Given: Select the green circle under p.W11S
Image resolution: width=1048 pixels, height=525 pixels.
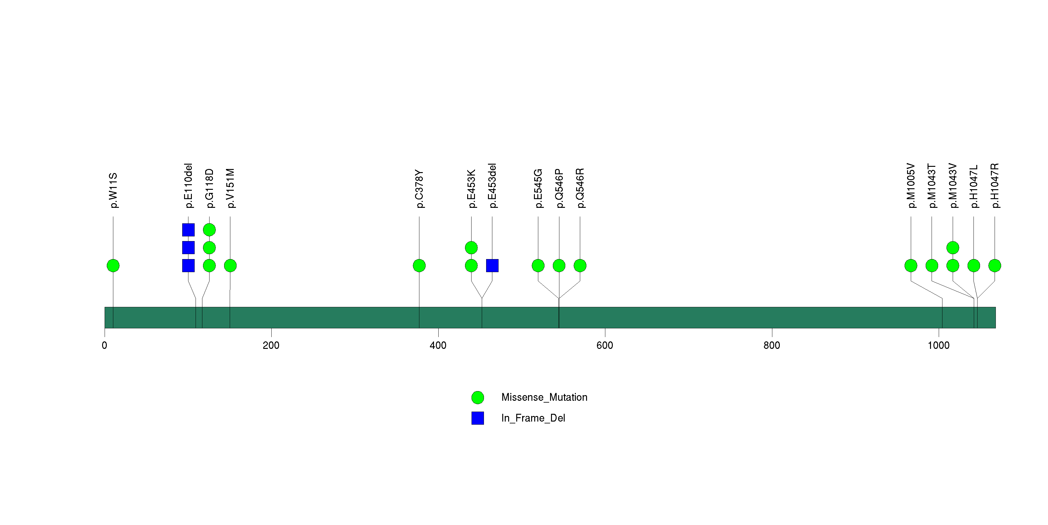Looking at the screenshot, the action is (113, 266).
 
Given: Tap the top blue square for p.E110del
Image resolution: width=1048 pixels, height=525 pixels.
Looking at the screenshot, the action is (188, 230).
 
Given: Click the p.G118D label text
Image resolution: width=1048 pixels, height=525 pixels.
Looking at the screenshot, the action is (209, 188).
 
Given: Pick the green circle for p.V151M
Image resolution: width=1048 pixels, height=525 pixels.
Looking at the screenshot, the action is (230, 266).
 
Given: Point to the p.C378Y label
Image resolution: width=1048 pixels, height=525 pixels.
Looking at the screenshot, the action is (419, 189).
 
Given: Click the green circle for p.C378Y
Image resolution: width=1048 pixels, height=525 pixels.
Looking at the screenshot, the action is (419, 266).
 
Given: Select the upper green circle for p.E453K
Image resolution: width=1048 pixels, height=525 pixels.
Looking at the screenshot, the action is (471, 248).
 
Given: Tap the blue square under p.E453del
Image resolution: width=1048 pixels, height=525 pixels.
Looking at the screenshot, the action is (492, 266).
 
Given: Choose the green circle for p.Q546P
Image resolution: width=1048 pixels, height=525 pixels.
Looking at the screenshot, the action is (559, 266).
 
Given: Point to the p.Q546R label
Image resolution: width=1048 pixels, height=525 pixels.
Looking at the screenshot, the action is (580, 188).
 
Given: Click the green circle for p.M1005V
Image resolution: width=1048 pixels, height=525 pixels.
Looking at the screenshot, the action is (911, 266).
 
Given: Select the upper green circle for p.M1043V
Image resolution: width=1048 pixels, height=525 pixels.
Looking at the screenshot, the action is (953, 248).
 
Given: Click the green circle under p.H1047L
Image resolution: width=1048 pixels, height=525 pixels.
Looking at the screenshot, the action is (973, 266).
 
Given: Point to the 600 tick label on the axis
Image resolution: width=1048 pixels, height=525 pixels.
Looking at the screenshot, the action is (605, 345).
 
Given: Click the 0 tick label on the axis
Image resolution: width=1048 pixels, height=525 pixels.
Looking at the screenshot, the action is (105, 345).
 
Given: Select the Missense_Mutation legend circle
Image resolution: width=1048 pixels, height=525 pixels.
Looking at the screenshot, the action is (478, 398).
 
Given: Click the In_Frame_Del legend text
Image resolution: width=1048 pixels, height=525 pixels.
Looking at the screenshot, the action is (533, 418).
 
